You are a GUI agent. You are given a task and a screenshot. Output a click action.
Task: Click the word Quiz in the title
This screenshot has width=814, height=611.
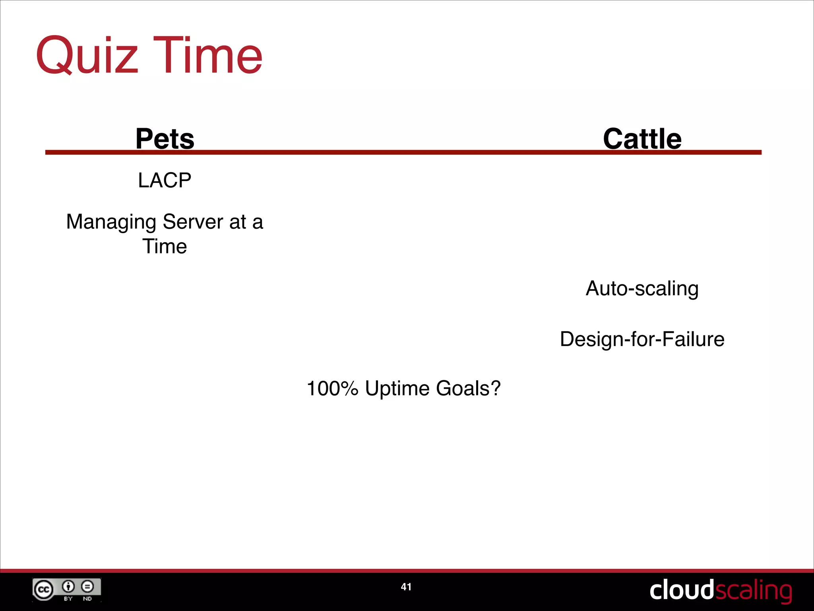coord(87,55)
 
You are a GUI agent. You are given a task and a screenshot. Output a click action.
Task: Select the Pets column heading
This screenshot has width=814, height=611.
coord(165,139)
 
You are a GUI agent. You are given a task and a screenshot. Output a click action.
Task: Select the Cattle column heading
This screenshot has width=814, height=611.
coord(642,139)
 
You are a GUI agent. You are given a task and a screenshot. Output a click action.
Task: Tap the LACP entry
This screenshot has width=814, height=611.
coord(165,180)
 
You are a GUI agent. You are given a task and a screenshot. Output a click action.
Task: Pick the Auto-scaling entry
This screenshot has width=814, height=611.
coord(642,288)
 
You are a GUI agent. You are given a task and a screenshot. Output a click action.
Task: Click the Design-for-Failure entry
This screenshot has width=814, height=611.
coord(642,339)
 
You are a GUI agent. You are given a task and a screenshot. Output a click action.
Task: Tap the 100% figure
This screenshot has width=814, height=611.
coord(332,389)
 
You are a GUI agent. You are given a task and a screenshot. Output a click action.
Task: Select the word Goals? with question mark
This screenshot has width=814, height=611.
coord(468,389)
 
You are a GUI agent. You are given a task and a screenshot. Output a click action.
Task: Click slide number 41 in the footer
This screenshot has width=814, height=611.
coord(406,587)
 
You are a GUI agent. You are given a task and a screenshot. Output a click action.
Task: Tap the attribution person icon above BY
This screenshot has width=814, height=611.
coord(68,586)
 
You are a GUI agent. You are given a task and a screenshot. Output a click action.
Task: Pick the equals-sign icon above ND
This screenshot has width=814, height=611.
coord(87,586)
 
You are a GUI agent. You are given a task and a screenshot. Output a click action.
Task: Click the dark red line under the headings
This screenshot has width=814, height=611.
coord(397,152)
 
